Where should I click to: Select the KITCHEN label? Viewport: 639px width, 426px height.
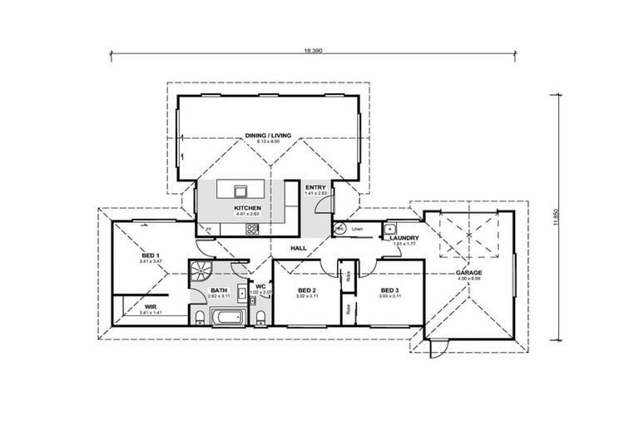coord(247,207)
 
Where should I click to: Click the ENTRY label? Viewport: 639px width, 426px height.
coord(316,188)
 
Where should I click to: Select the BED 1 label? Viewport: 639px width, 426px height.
coord(151,255)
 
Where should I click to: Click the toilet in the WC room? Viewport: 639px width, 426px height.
coord(261,317)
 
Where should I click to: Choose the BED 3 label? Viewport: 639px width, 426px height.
coord(389,290)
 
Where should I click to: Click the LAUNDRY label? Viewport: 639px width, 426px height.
coord(404,239)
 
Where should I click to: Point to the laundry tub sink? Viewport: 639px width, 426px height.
coord(391,228)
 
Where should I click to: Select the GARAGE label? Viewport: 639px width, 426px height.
coord(468,273)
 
